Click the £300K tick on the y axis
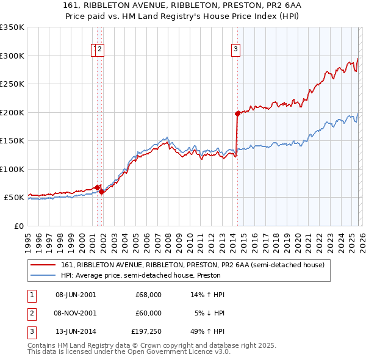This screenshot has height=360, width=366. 12,56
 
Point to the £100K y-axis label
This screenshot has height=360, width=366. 12,169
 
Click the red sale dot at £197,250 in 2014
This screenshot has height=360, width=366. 237,113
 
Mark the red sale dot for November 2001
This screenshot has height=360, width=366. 101,192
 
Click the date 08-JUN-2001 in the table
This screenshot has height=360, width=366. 76,295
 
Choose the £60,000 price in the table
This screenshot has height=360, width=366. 148,313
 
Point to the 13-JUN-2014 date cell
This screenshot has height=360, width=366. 76,331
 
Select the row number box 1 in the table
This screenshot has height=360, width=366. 31,295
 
